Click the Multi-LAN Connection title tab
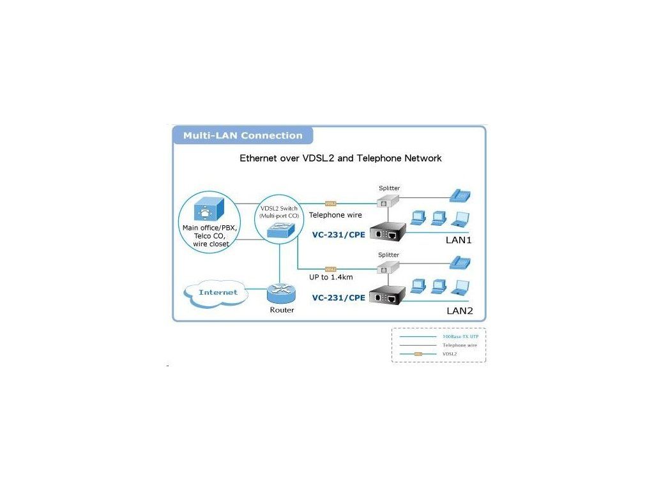click(243, 135)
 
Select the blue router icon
click(280, 293)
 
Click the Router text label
click(282, 310)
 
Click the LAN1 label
click(458, 241)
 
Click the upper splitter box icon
click(384, 201)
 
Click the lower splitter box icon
click(384, 269)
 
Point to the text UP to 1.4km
click(331, 278)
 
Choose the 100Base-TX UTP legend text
click(460, 336)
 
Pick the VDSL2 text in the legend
click(450, 353)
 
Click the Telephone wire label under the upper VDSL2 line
click(335, 215)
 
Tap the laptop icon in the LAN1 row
click(459, 219)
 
